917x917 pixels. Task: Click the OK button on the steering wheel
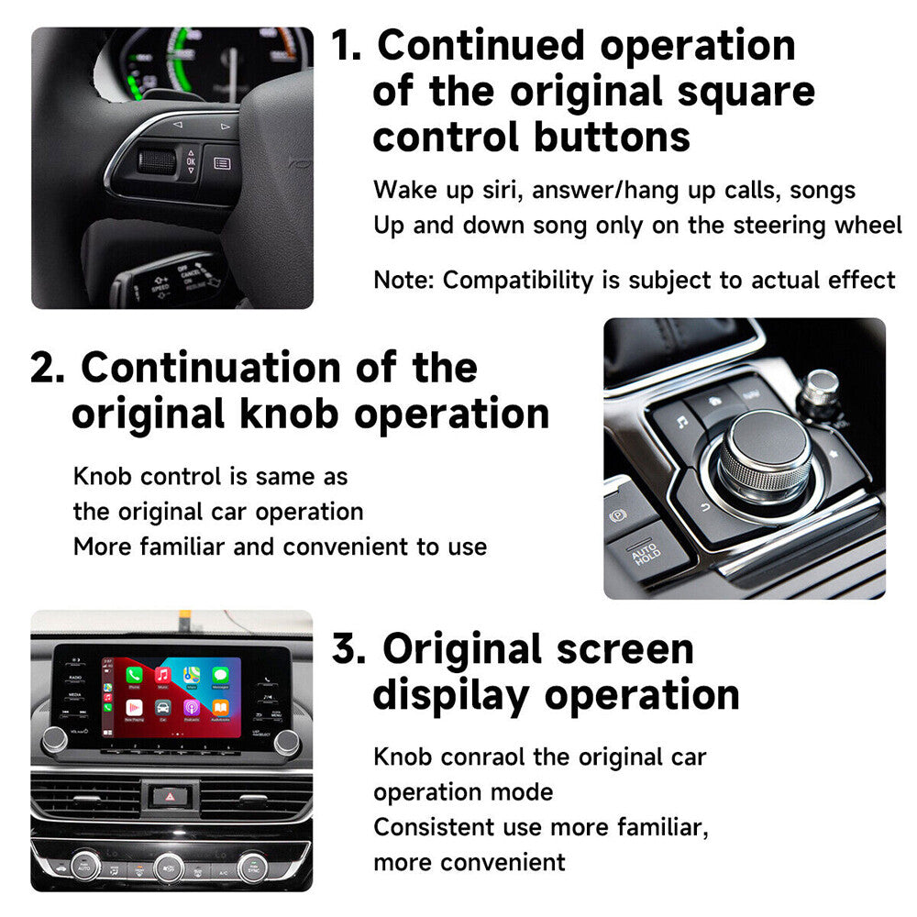coord(190,161)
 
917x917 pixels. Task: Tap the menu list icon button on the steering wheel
coord(221,163)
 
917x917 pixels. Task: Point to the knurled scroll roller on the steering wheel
coord(157,162)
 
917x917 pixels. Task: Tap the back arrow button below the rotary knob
coord(704,507)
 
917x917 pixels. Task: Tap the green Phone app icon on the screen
coord(134,676)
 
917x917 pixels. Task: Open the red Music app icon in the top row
coord(162,676)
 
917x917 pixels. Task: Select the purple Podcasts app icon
coord(191,707)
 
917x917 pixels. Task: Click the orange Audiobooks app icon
coord(220,707)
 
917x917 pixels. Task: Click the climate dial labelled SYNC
coord(251,865)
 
